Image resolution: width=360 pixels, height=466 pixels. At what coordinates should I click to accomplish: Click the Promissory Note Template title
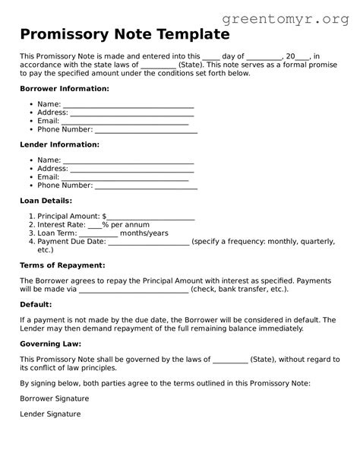click(125, 34)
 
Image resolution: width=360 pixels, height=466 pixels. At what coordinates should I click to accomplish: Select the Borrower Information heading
click(65, 89)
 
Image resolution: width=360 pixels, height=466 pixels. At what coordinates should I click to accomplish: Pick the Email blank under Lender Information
click(125, 177)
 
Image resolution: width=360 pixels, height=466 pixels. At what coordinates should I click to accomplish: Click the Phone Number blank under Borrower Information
click(146, 130)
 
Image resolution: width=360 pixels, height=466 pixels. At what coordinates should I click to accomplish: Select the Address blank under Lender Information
click(131, 169)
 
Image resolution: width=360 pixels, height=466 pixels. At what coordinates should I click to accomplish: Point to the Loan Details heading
click(46, 201)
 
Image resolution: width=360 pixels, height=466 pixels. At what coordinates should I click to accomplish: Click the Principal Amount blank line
click(151, 217)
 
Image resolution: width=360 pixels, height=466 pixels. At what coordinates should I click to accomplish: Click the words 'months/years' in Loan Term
click(144, 233)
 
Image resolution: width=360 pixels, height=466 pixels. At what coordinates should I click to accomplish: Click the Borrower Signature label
click(55, 398)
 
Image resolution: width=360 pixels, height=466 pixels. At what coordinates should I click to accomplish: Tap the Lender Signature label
click(50, 414)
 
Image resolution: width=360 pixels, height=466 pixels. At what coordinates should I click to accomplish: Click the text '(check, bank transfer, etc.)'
click(240, 289)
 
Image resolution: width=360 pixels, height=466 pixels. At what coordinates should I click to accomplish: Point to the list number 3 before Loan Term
click(31, 233)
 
